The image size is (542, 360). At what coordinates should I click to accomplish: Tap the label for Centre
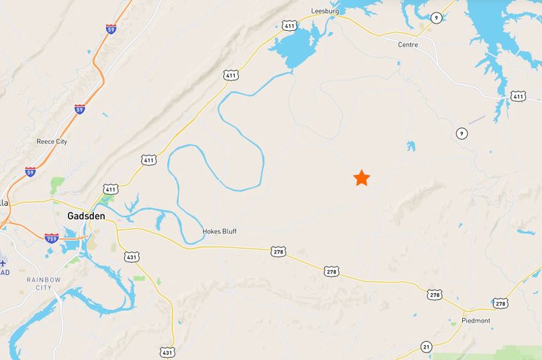pos(407,45)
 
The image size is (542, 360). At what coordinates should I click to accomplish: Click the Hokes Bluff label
pos(219,232)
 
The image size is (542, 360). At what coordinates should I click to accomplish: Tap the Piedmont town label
pos(477,321)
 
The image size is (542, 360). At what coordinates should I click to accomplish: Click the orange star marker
pos(362,178)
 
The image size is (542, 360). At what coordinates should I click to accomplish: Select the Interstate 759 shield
pos(52,237)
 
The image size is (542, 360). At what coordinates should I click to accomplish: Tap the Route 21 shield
pos(427,346)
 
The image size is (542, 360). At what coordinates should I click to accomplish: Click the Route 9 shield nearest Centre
pos(436,17)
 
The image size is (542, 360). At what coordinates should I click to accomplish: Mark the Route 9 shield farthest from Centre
pos(462,134)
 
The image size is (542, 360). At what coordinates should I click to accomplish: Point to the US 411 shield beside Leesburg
pos(289,25)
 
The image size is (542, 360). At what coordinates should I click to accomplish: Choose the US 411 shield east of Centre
pos(518,97)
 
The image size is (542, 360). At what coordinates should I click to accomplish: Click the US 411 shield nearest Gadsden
pos(111,190)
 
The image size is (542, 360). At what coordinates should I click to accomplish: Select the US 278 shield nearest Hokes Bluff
pos(279,251)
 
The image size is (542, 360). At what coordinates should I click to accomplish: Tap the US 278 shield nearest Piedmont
pos(500,304)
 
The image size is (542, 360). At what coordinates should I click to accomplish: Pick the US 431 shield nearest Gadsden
pos(131,256)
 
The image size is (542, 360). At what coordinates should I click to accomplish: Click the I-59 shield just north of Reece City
pos(80,109)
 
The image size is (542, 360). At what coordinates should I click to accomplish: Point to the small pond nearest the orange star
pos(410,145)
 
